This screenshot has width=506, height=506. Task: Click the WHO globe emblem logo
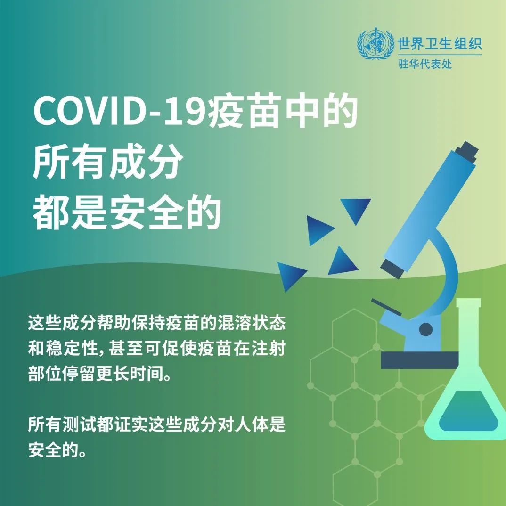point(375,44)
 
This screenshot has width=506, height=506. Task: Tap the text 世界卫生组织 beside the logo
point(440,43)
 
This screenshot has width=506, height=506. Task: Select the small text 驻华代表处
point(425,64)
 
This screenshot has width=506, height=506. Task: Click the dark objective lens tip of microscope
point(392,269)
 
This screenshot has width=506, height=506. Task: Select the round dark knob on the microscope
point(425,329)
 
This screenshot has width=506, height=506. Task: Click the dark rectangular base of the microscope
point(419,360)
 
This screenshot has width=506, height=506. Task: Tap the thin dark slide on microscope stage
point(386,307)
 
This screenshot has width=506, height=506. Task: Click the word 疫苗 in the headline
point(243,111)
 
